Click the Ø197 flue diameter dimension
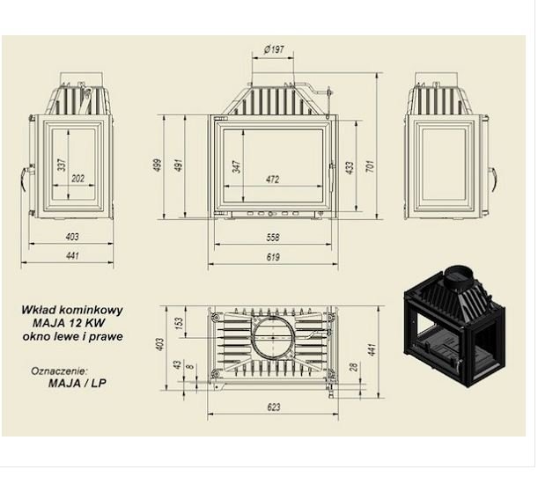pyautogui.click(x=274, y=49)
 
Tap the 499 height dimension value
pyautogui.click(x=158, y=165)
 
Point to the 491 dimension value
pyautogui.click(x=179, y=165)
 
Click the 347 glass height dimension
pyautogui.click(x=237, y=166)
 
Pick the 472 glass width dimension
pyautogui.click(x=273, y=180)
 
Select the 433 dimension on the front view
pyautogui.click(x=350, y=168)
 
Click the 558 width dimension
pyautogui.click(x=273, y=238)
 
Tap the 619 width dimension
pyautogui.click(x=273, y=257)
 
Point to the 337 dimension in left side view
pyautogui.click(x=62, y=165)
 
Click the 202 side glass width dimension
pyautogui.click(x=77, y=179)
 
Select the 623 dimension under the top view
pyautogui.click(x=274, y=407)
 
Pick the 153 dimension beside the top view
pyautogui.click(x=179, y=323)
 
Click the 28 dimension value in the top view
pyautogui.click(x=354, y=367)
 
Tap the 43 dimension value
pyautogui.click(x=177, y=364)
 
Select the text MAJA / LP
pyautogui.click(x=77, y=383)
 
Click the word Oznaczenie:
pyautogui.click(x=59, y=371)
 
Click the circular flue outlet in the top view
pyautogui.click(x=273, y=337)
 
